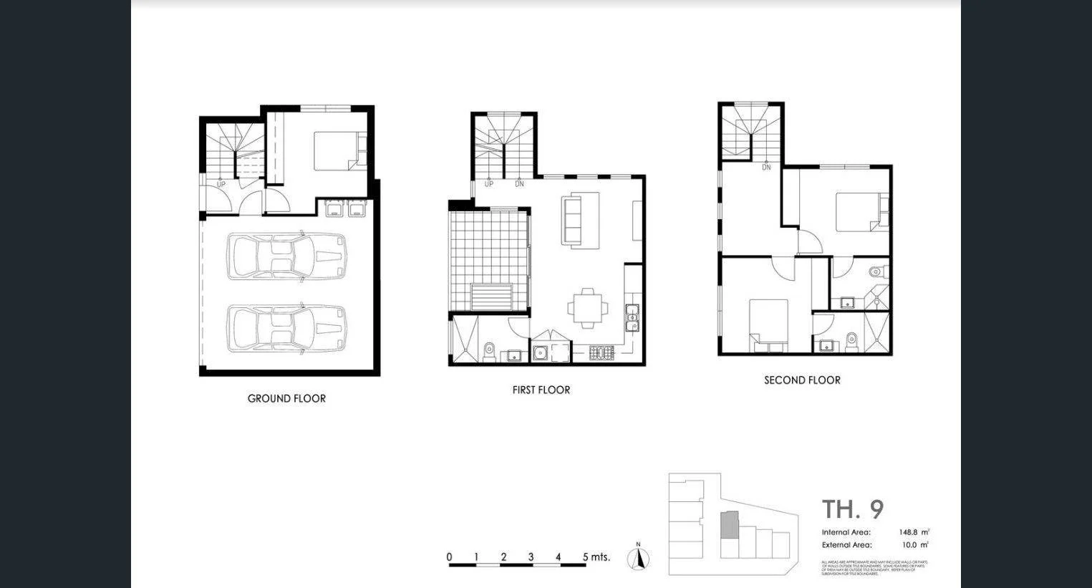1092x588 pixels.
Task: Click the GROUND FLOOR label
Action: point(286,399)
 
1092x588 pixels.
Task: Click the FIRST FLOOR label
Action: point(541,390)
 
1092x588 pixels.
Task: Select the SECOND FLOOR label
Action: point(802,380)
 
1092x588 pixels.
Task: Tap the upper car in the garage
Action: point(287,256)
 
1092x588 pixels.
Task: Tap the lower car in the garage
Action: point(287,328)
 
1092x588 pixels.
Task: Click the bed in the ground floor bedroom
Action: point(340,151)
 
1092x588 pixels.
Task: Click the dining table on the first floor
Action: point(588,308)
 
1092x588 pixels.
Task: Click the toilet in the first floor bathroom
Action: point(490,352)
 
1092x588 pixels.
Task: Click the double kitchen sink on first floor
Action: point(632,317)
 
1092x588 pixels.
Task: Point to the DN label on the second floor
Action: point(766,168)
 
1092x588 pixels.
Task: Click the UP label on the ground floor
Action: point(221,185)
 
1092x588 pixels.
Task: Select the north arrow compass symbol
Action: point(638,558)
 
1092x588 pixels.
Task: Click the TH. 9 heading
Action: point(852,509)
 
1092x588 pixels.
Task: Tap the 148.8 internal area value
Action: point(908,532)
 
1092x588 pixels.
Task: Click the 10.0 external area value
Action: point(911,545)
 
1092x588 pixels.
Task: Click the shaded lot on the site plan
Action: point(728,525)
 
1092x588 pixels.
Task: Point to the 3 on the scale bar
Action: point(531,557)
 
